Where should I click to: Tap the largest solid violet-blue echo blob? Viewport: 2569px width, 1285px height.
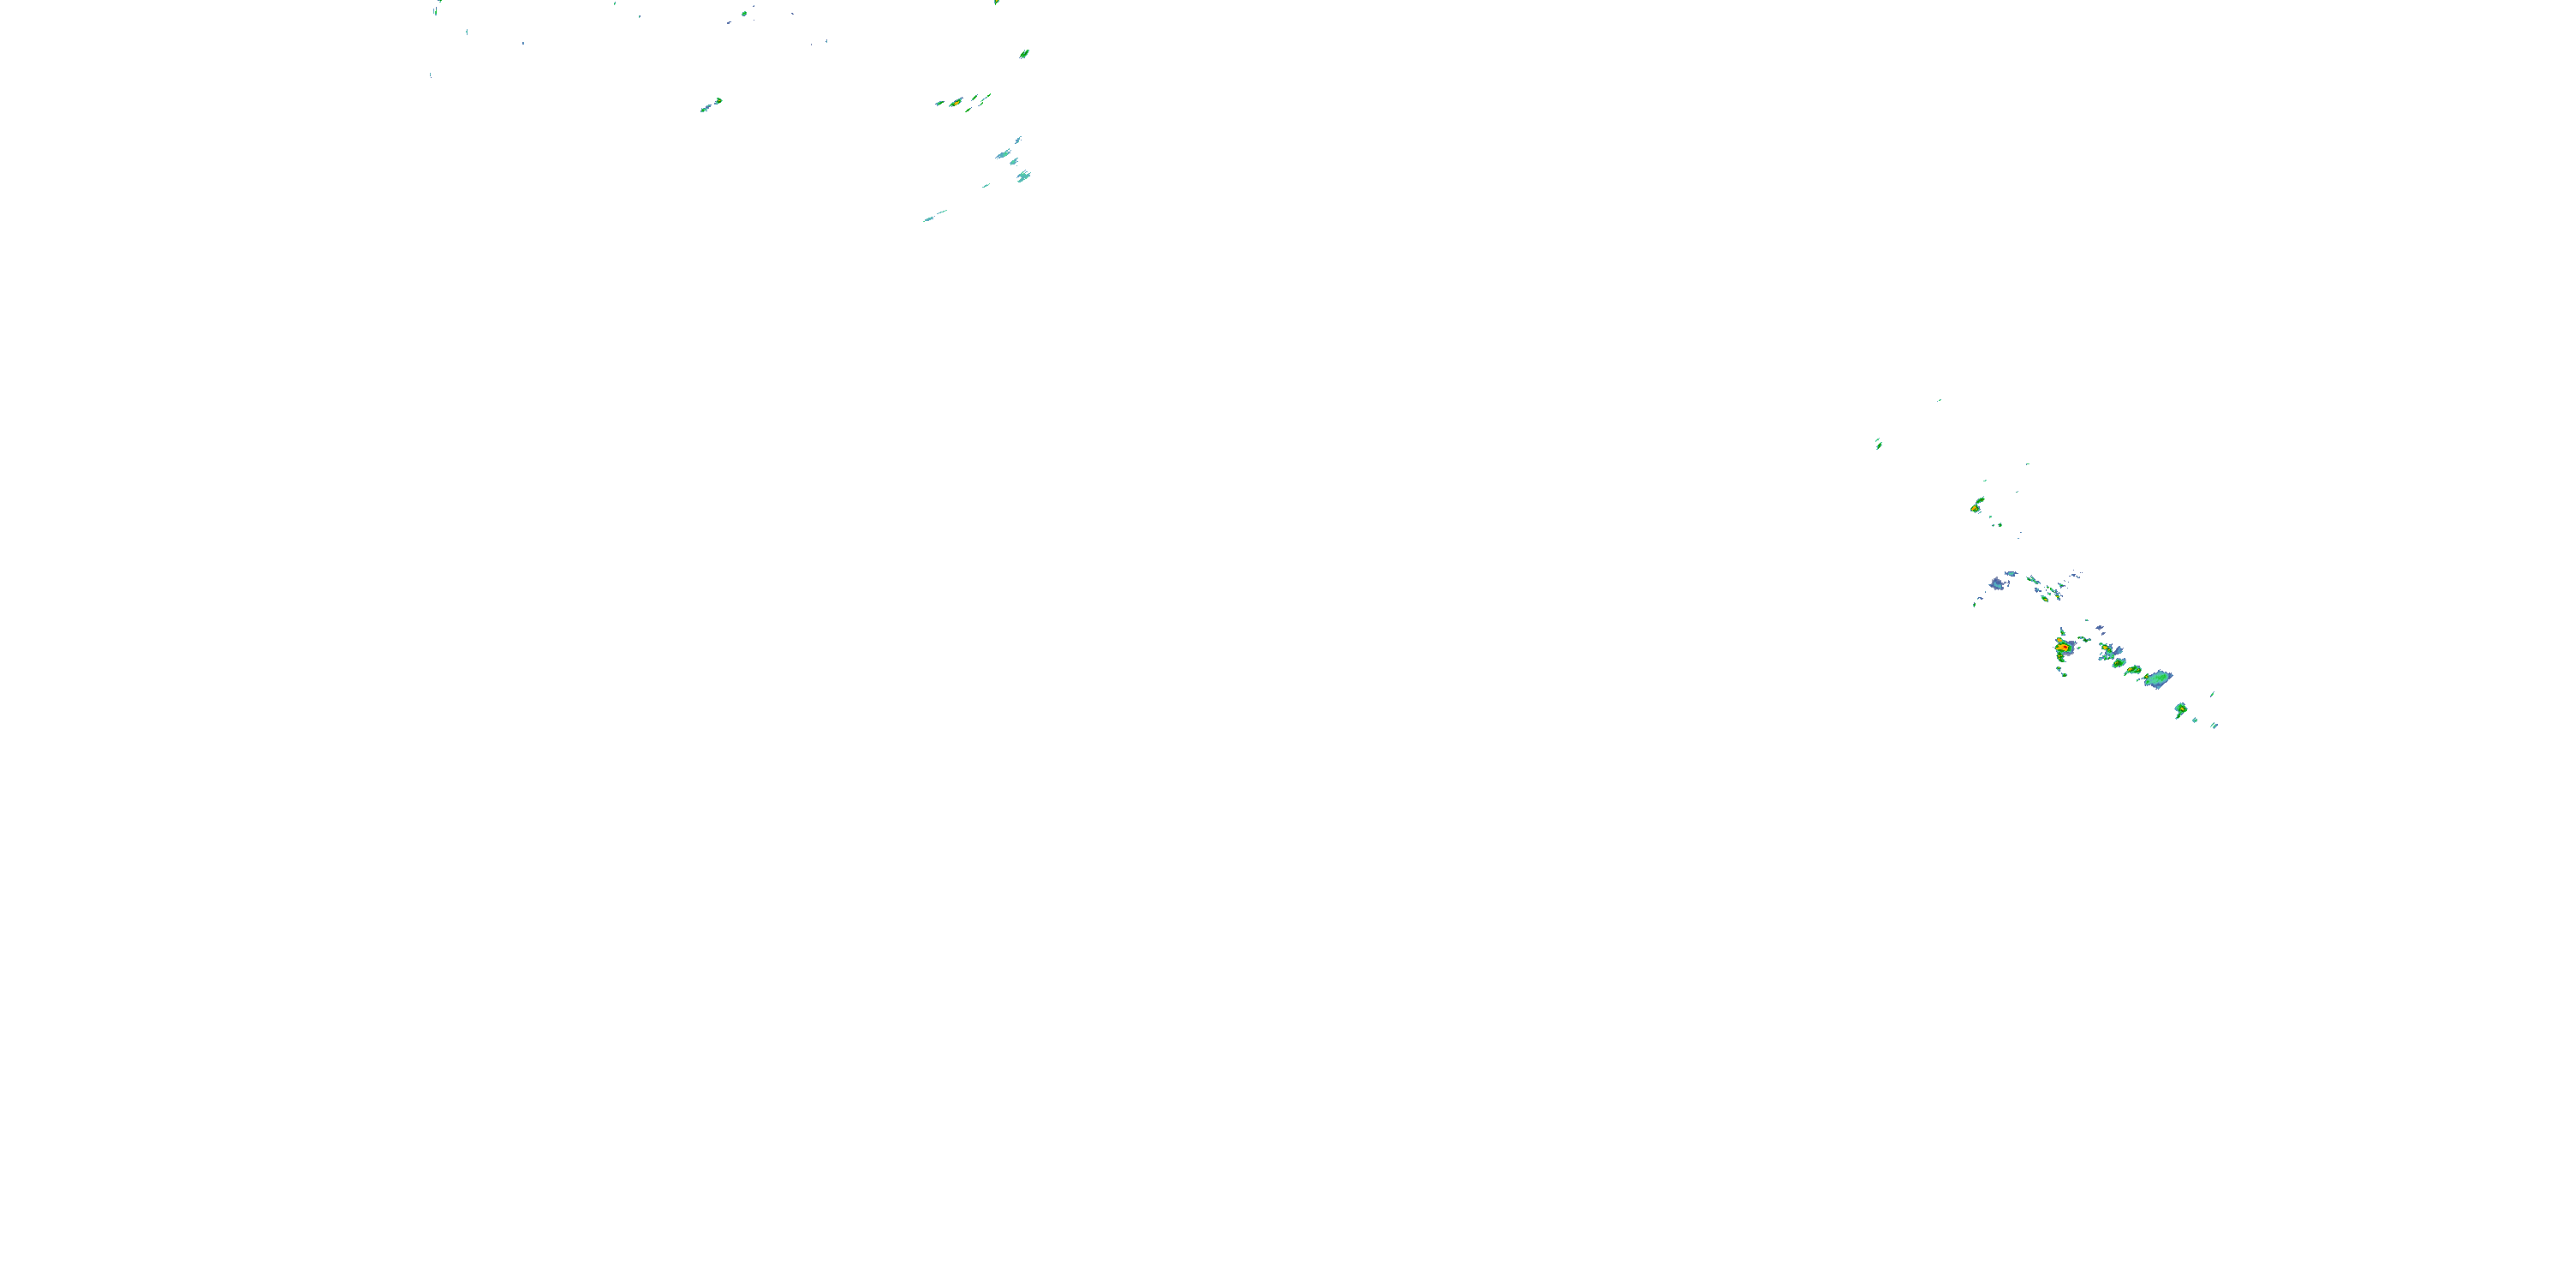tap(1997, 583)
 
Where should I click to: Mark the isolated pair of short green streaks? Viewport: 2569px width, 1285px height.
tap(1878, 443)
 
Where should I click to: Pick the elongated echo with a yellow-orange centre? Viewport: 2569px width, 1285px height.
tap(955, 102)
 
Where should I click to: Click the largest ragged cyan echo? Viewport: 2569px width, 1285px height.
tap(1023, 176)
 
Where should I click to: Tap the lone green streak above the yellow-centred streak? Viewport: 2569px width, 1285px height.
tap(1024, 54)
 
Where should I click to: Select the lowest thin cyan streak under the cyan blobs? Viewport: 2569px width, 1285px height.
tap(933, 216)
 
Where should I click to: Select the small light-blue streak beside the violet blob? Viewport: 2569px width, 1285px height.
tap(2012, 574)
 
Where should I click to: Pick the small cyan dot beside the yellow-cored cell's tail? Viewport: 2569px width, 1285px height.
tap(2194, 720)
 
